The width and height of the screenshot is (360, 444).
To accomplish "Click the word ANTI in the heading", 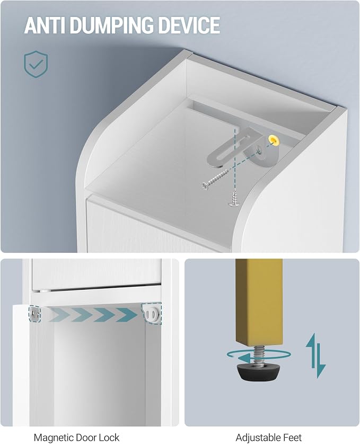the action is [45, 25].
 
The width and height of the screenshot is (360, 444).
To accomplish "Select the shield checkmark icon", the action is [36, 64].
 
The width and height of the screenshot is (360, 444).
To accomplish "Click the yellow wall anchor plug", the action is [274, 140].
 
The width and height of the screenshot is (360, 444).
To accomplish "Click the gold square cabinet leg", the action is [259, 302].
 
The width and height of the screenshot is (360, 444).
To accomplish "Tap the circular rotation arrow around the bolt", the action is [258, 356].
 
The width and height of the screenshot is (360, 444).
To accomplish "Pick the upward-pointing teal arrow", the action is [311, 351].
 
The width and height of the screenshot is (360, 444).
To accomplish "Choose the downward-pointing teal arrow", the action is [321, 361].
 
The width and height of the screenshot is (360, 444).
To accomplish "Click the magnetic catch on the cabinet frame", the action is [152, 314].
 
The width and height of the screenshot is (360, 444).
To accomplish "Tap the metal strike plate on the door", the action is [35, 314].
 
